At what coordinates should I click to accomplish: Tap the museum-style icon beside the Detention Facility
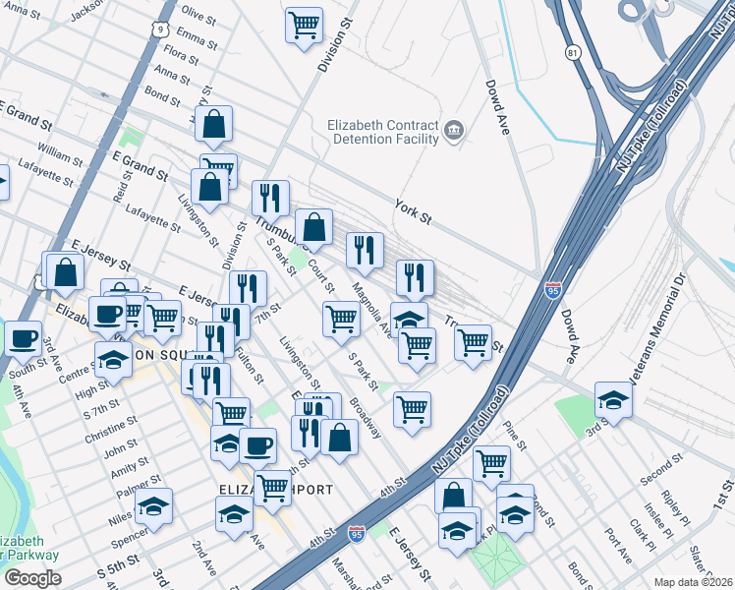click(x=454, y=130)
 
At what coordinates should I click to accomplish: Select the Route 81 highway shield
click(x=573, y=52)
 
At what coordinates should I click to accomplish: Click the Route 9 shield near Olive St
click(x=158, y=30)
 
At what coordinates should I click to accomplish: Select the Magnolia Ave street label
click(x=374, y=308)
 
